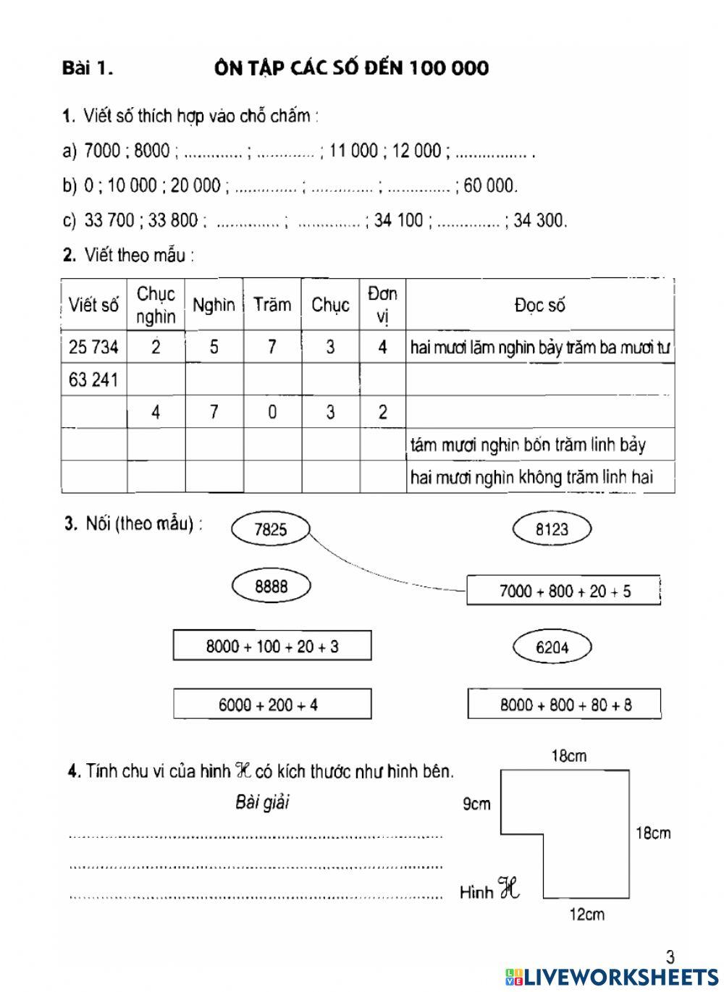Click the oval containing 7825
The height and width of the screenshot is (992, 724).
point(270,529)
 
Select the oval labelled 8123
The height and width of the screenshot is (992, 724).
point(552,529)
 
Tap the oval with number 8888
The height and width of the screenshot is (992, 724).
point(271,587)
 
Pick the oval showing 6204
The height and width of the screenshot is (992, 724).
point(552,647)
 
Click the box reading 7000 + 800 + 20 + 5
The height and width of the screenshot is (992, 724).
point(564,591)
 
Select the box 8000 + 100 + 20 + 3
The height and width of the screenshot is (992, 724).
point(271,646)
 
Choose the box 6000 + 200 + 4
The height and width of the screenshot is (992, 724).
point(271,704)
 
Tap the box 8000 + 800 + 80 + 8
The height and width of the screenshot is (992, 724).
point(564,705)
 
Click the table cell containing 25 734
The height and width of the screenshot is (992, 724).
point(93,347)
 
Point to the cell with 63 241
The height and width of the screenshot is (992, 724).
point(93,379)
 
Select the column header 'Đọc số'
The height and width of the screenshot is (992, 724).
point(539,306)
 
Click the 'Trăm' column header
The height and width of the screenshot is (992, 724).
point(272,305)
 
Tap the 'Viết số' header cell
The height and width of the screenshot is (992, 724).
point(93,305)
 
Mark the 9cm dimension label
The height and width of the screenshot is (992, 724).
point(476,804)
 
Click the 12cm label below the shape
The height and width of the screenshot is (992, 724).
point(586,915)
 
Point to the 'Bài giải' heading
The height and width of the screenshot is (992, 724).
point(262,802)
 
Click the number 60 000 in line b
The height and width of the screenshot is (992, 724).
point(490,186)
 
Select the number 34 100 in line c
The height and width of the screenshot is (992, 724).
point(399,220)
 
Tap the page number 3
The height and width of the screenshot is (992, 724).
point(670,957)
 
